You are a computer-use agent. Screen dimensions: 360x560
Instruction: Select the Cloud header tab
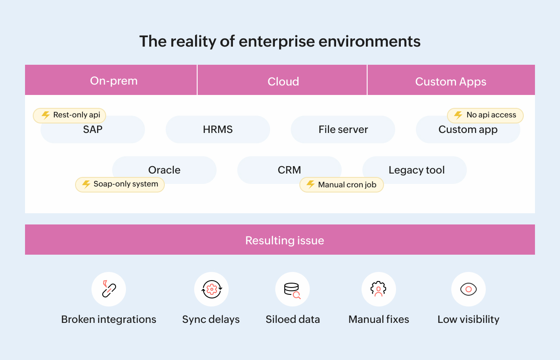point(283,81)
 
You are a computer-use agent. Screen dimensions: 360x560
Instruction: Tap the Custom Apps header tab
point(451,81)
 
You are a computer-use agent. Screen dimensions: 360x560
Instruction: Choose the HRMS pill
point(217,129)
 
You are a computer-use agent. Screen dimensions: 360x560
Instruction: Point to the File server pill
point(343,129)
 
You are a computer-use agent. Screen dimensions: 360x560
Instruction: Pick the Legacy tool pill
point(416,170)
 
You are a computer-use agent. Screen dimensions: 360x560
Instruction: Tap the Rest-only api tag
point(69,115)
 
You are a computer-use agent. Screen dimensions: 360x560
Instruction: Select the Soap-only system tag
point(120,184)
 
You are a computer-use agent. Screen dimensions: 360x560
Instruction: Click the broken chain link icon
point(108,289)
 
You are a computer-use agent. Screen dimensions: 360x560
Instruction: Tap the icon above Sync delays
point(211,289)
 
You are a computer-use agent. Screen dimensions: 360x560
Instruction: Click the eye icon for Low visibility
point(468,289)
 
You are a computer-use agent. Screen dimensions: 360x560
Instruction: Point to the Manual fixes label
point(378,320)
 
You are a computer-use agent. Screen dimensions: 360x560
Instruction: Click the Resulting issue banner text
point(284,240)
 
